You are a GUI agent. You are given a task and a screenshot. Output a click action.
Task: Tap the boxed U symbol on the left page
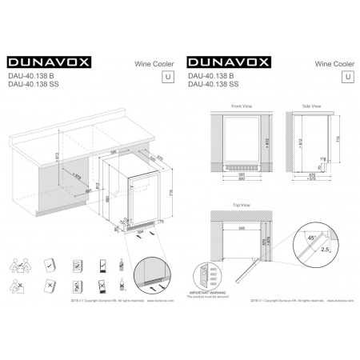[167, 78]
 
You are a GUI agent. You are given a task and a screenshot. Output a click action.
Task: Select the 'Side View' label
[311, 106]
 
